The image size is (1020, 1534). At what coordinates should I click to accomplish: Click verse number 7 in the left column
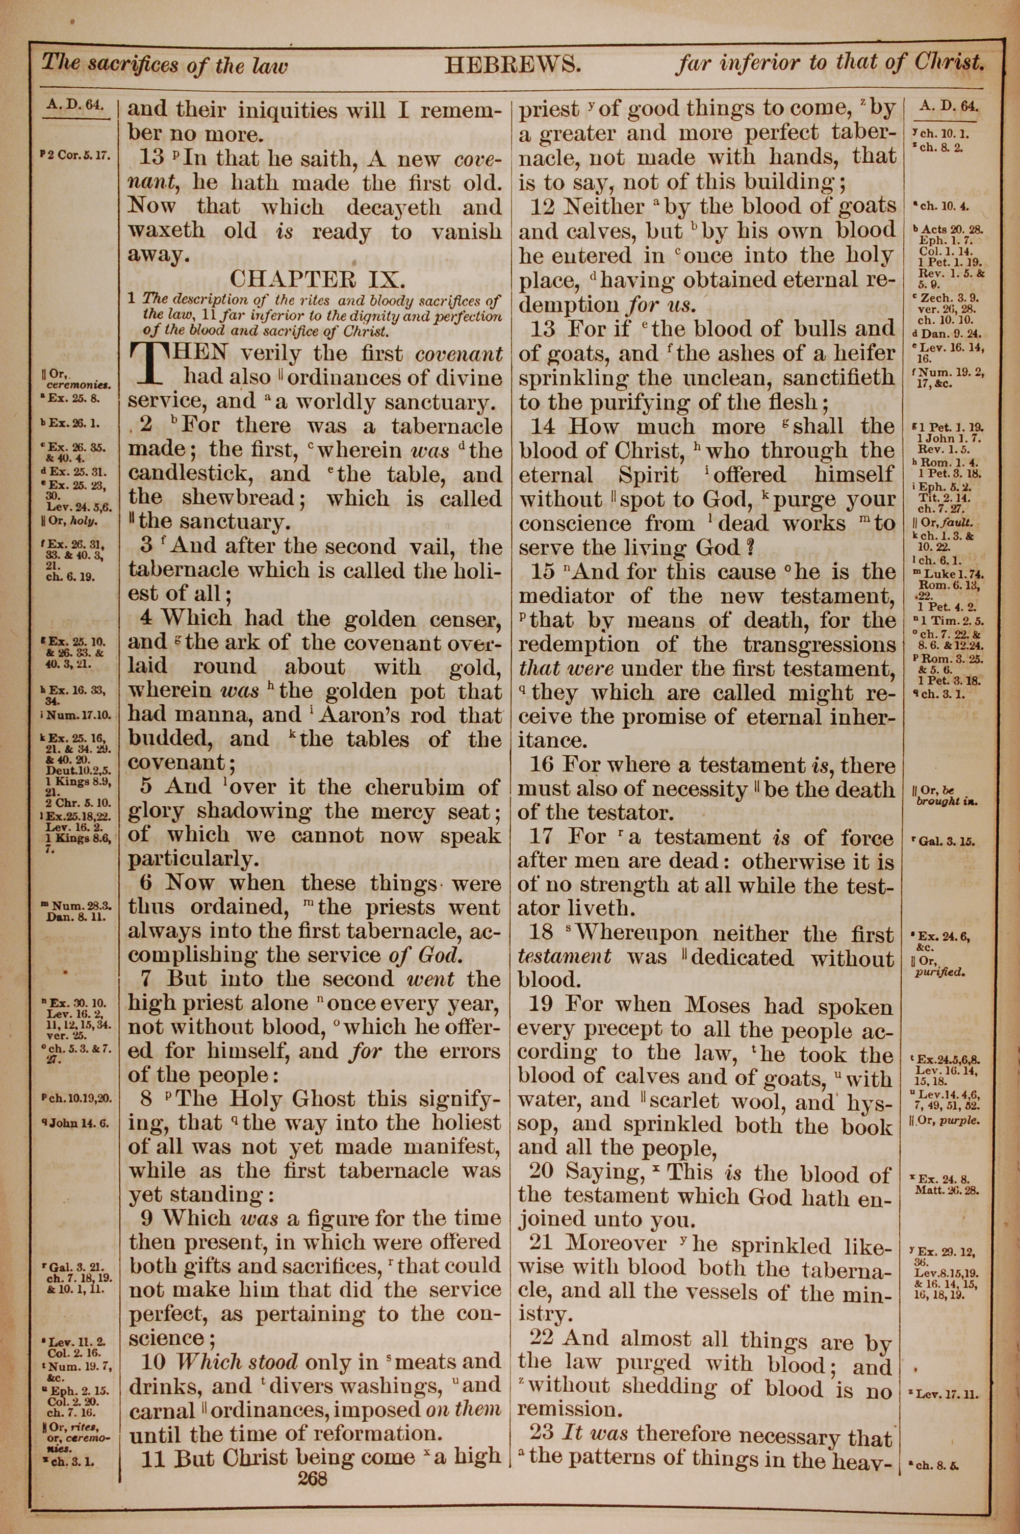tap(148, 979)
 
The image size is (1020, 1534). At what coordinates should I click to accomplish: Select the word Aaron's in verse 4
tap(360, 716)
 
